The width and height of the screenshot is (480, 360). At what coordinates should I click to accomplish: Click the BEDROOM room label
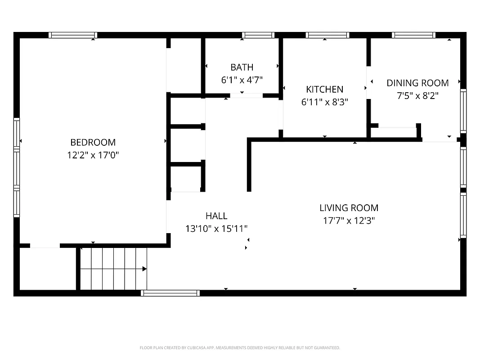93,142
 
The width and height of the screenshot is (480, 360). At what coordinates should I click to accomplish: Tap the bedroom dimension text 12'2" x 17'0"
93,155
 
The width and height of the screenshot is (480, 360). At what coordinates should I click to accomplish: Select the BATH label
242,67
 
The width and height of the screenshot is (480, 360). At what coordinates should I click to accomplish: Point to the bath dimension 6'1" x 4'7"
242,80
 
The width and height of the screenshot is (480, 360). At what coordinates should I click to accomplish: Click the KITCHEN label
324,90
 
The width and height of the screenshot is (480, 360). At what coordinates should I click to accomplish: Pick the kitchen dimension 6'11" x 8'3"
324,102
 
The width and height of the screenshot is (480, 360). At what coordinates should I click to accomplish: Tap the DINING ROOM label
417,83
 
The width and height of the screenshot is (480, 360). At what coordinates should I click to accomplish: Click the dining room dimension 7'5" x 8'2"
417,96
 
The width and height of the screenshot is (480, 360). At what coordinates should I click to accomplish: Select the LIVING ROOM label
349,208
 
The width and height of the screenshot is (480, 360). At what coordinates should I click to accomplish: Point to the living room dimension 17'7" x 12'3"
349,220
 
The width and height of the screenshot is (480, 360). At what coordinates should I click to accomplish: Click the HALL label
216,216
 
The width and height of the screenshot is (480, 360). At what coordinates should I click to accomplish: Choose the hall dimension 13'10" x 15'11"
216,229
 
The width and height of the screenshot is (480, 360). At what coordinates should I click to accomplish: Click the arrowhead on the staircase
144,269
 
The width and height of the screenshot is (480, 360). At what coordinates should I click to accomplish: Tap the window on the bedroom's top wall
73,35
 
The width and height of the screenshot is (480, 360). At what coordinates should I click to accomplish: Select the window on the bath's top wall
258,35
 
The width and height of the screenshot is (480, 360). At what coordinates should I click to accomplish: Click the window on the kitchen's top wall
327,35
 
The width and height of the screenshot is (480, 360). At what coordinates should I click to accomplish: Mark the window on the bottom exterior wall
170,293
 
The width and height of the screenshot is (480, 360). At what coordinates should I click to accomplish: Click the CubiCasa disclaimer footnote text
240,348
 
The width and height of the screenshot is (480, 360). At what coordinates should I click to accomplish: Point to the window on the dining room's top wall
413,35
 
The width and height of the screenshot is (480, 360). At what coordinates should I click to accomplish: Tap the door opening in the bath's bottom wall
246,95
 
